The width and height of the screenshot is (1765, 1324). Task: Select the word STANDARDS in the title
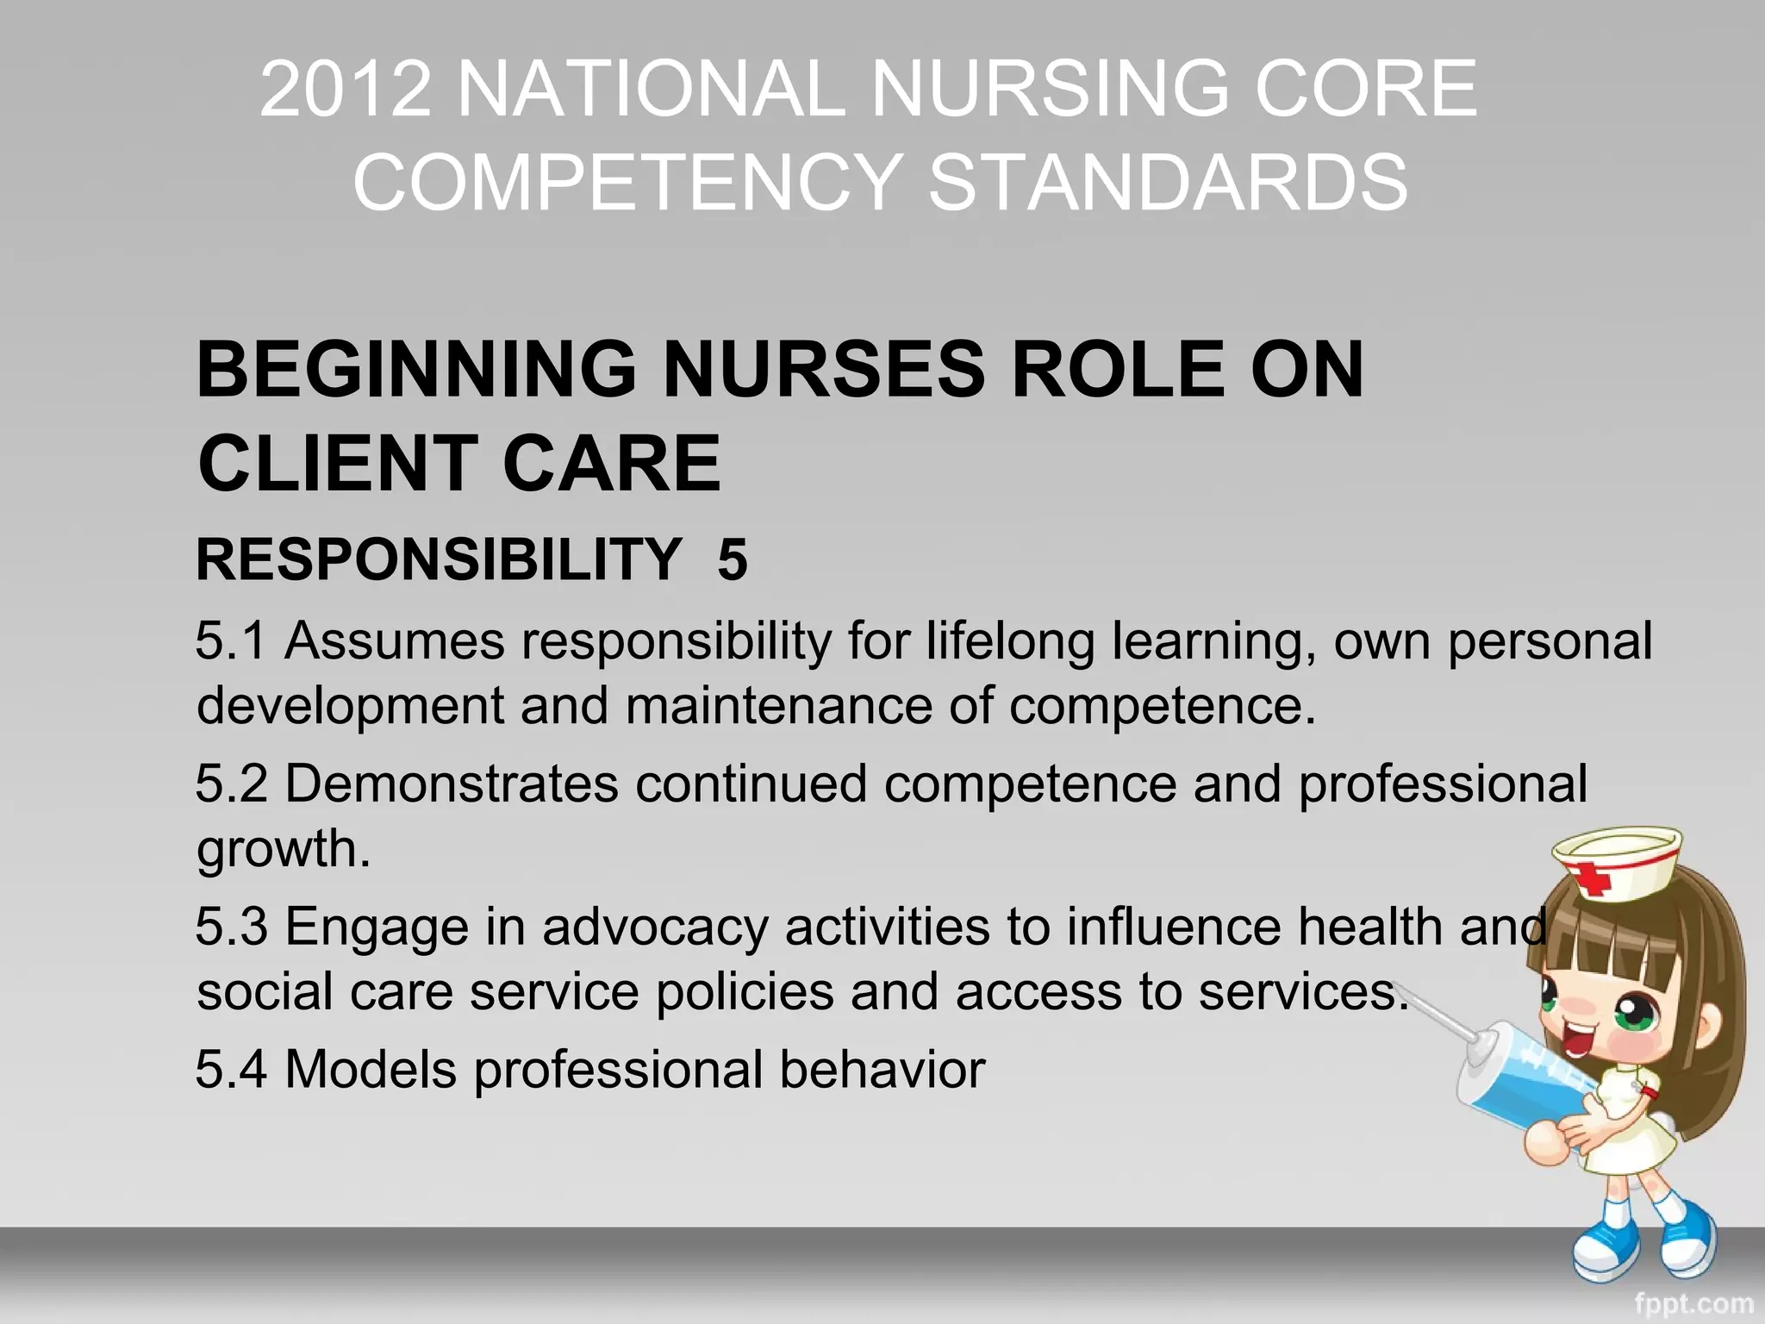pos(1168,182)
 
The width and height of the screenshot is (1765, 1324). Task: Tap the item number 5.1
pos(230,641)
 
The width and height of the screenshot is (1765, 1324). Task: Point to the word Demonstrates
pos(452,784)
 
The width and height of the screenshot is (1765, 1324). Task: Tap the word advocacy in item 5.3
pos(655,928)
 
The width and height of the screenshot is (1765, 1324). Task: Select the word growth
pos(283,850)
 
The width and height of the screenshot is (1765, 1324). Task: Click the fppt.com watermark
pos(1693,1302)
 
